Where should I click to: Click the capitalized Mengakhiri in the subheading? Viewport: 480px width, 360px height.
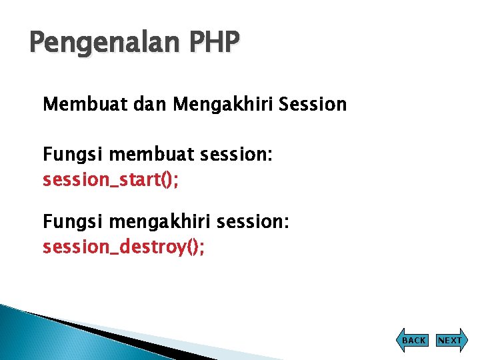pos(223,105)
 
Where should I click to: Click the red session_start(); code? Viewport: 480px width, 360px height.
pos(111,180)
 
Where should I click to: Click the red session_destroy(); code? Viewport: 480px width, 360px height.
pos(124,247)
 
